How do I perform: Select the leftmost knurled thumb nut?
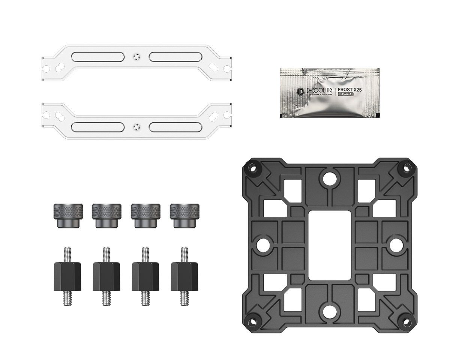pos(68,215)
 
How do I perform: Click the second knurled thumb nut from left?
pos(106,215)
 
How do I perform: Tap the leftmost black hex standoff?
pos(67,276)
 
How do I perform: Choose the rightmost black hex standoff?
pos(184,276)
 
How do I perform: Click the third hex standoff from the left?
pos(145,276)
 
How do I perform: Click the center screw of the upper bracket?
pos(136,57)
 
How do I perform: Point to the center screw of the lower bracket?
pos(136,126)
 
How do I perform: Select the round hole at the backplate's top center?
pos(330,178)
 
